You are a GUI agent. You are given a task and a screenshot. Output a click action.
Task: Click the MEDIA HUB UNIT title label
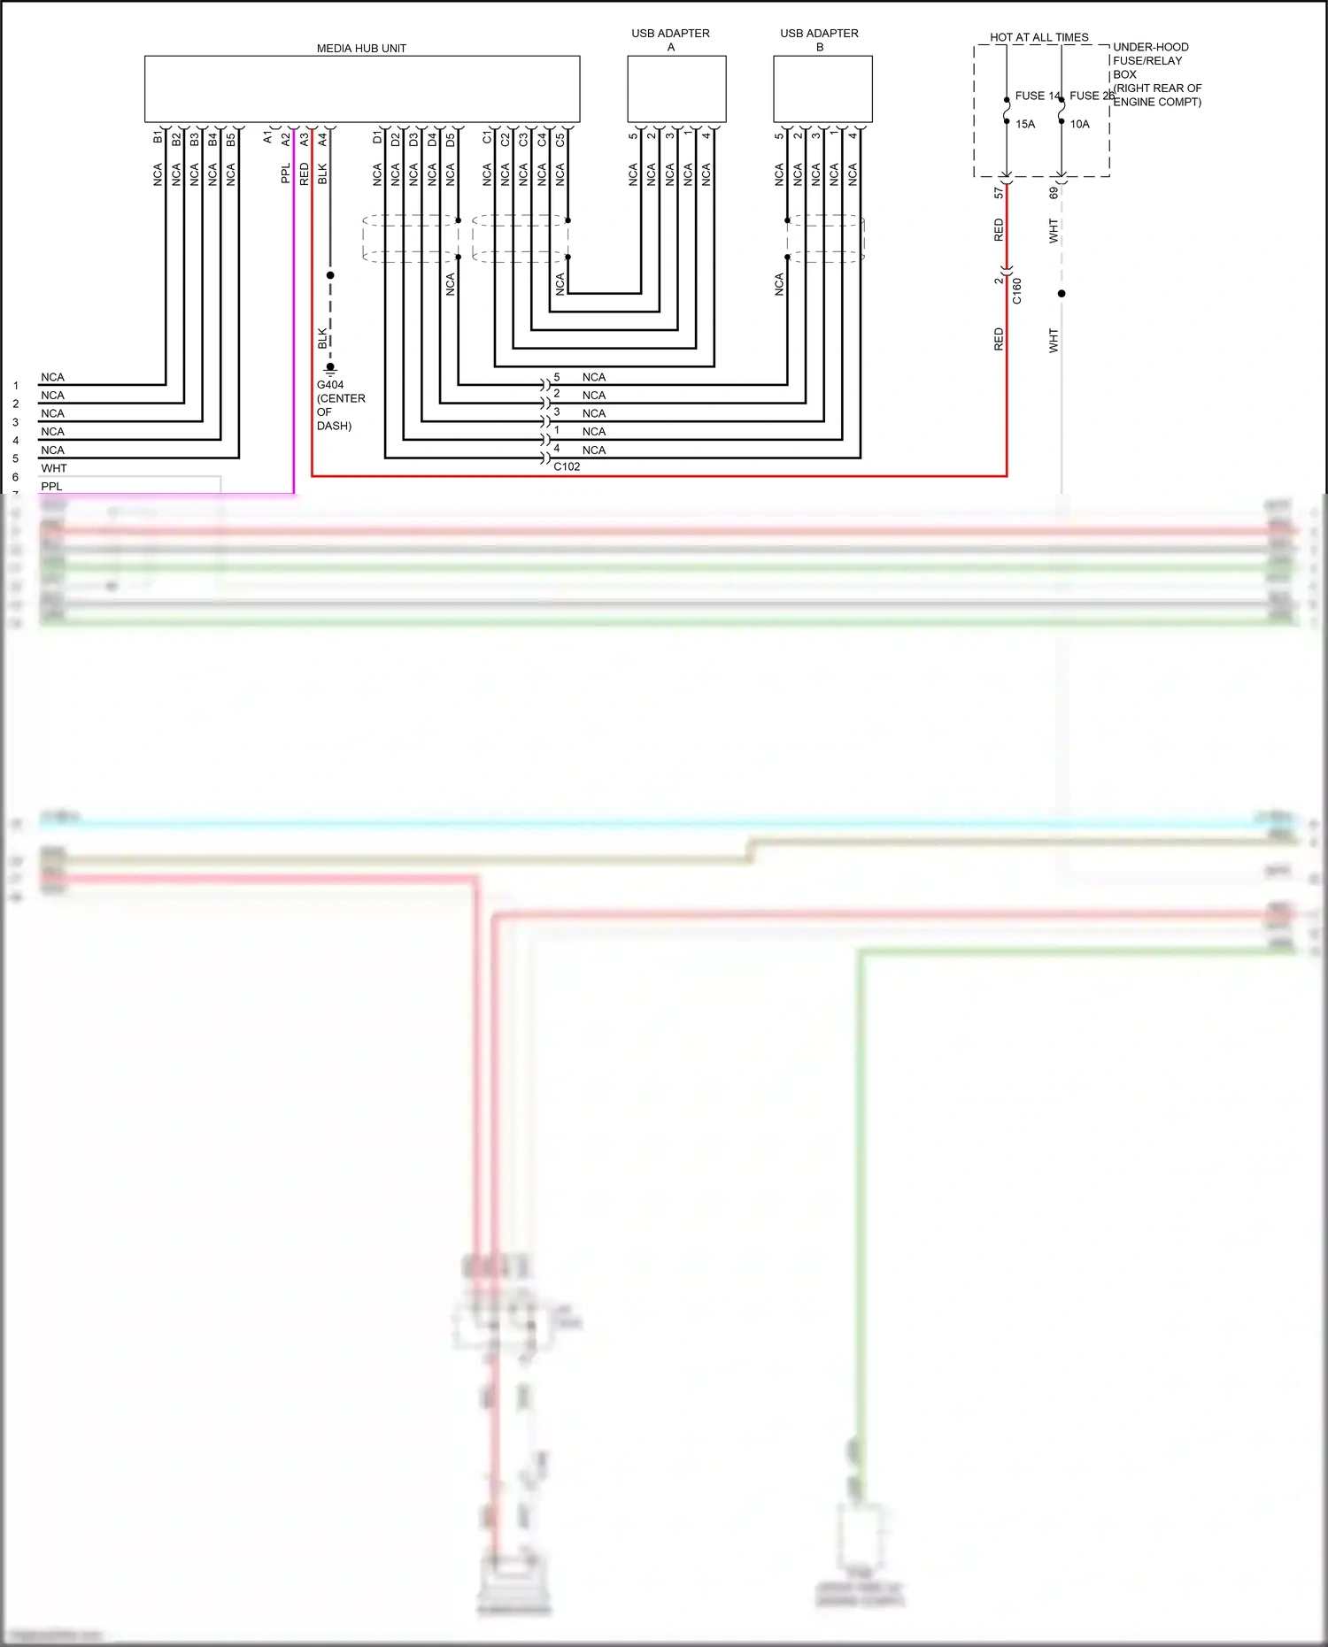pyautogui.click(x=361, y=49)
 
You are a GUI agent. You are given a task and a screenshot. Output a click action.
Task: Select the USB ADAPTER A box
pyautogui.click(x=676, y=89)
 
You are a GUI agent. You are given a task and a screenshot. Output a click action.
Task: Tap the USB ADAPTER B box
pyautogui.click(x=822, y=89)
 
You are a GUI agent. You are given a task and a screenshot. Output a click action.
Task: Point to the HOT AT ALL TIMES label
pyautogui.click(x=1038, y=37)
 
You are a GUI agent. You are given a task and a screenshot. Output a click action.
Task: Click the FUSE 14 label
pyautogui.click(x=1037, y=96)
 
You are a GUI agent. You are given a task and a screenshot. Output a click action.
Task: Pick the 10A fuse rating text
pyautogui.click(x=1079, y=124)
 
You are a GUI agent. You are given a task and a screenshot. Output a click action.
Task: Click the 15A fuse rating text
pyautogui.click(x=1025, y=124)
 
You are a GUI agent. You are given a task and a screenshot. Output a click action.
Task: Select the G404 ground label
pyautogui.click(x=330, y=385)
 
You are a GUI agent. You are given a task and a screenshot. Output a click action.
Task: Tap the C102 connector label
pyautogui.click(x=567, y=466)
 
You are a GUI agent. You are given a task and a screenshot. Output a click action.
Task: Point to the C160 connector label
pyautogui.click(x=1016, y=291)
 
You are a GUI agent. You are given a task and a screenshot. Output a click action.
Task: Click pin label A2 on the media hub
pyautogui.click(x=286, y=139)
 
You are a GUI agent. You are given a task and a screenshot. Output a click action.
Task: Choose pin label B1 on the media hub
pyautogui.click(x=158, y=138)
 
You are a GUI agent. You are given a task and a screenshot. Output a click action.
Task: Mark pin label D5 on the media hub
pyautogui.click(x=451, y=139)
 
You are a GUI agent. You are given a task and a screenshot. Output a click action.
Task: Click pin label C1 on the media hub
pyautogui.click(x=487, y=138)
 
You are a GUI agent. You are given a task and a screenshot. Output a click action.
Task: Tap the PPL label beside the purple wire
pyautogui.click(x=285, y=173)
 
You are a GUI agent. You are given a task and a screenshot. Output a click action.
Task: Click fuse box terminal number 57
pyautogui.click(x=999, y=192)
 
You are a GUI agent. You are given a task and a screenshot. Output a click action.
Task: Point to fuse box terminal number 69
pyautogui.click(x=1053, y=192)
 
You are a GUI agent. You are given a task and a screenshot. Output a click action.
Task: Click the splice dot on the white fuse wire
pyautogui.click(x=1062, y=294)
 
